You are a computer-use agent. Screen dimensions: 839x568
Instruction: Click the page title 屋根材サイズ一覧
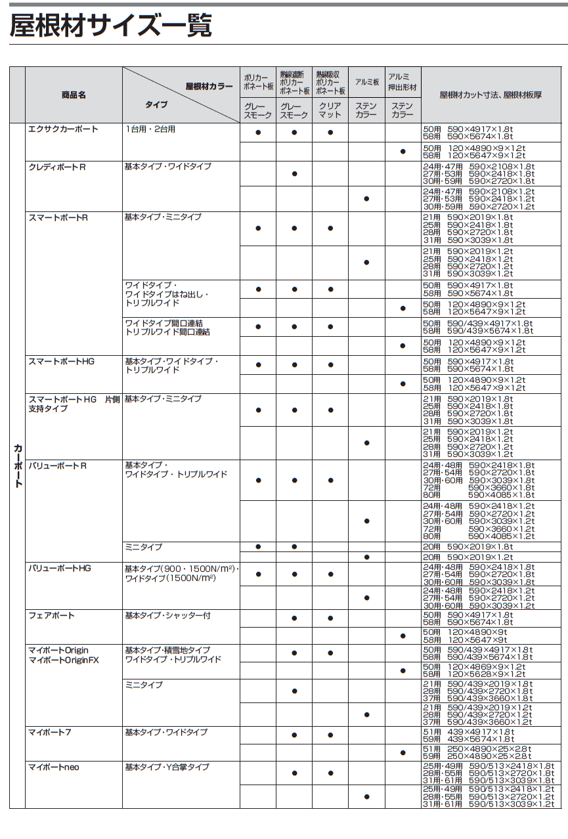click(111, 26)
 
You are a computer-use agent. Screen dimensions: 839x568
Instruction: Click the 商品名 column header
click(74, 95)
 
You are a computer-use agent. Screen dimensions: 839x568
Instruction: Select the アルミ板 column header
click(366, 82)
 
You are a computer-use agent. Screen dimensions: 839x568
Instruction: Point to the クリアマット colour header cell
click(330, 110)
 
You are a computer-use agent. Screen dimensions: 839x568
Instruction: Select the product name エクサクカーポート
click(63, 129)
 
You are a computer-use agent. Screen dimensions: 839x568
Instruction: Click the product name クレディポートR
click(57, 167)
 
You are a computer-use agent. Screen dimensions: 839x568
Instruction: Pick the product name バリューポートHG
click(59, 568)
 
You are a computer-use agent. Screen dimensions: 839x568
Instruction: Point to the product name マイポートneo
click(53, 767)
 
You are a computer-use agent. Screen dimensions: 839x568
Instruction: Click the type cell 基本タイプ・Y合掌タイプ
click(167, 767)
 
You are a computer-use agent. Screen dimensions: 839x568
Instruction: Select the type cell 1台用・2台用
click(150, 129)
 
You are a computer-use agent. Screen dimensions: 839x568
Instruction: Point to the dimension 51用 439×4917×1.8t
click(468, 731)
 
